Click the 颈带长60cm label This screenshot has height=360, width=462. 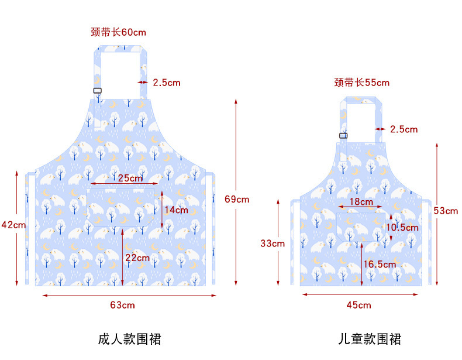pos(119,32)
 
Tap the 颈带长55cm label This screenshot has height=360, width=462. pos(361,83)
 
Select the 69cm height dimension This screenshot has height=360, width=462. pos(237,199)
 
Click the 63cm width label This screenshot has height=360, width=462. pos(123,305)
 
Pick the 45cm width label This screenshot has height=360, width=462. pos(359,305)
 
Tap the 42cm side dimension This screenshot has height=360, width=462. pos(13,224)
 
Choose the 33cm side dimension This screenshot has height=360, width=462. pos(273,243)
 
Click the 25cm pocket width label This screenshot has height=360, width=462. pos(130,178)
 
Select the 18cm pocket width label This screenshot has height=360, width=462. pos(361,202)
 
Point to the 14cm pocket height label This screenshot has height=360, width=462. pos(176,210)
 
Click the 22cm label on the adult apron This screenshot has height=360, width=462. pos(138,258)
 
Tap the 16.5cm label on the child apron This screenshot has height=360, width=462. pos(380,265)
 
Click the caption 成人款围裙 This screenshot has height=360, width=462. pos(129,339)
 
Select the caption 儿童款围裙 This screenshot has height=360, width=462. pos(370,339)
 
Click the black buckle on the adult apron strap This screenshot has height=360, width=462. pos(98,90)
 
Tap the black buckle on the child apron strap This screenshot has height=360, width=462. pos(343,136)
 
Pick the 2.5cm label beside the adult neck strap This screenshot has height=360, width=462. pos(167,83)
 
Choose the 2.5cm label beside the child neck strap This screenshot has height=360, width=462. pos(404,129)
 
